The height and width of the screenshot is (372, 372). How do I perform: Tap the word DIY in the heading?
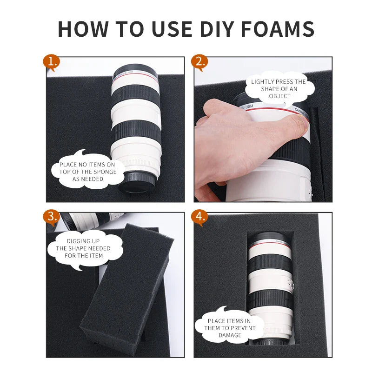(x=217, y=29)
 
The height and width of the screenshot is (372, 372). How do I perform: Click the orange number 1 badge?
(x=51, y=63)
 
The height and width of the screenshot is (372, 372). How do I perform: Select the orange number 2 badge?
(x=199, y=63)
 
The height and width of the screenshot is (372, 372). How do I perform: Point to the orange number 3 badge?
(x=51, y=217)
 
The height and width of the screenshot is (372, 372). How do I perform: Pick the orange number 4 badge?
(x=199, y=217)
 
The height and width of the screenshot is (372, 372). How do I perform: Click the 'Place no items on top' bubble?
(x=88, y=170)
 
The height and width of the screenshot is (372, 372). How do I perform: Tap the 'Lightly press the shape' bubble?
(x=279, y=89)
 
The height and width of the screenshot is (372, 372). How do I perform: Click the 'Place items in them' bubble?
(x=229, y=326)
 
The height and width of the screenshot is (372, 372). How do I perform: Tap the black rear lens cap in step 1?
(x=138, y=182)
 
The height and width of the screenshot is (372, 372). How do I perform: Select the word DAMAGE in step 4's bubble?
(x=230, y=335)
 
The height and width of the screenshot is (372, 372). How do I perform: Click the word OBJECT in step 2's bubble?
(x=280, y=96)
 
